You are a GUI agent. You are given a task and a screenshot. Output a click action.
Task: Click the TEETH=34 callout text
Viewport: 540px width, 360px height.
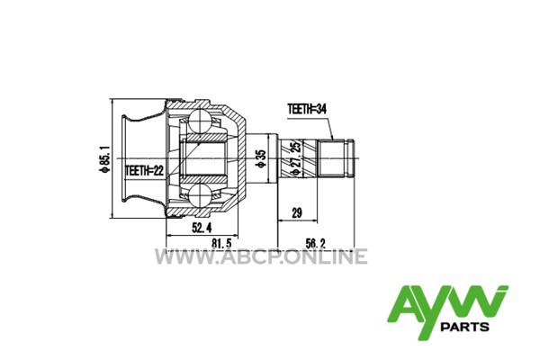pyautogui.click(x=307, y=109)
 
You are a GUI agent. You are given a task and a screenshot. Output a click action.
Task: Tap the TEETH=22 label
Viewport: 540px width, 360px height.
pyautogui.click(x=145, y=170)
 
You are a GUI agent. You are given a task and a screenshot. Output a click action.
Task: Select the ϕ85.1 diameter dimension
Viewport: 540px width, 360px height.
pyautogui.click(x=104, y=158)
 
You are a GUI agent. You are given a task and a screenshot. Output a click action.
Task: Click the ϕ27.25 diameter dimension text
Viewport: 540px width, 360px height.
pyautogui.click(x=295, y=158)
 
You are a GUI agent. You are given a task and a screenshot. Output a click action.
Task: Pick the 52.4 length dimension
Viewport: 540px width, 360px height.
pyautogui.click(x=202, y=228)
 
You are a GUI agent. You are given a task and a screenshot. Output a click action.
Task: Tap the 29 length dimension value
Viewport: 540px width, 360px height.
pyautogui.click(x=297, y=212)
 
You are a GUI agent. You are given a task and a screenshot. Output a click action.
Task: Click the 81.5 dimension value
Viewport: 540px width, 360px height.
pyautogui.click(x=221, y=243)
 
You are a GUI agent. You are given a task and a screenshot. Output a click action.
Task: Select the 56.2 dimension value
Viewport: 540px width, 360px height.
pyautogui.click(x=316, y=243)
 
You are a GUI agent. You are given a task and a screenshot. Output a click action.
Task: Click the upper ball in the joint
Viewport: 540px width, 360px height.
pyautogui.click(x=200, y=121)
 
